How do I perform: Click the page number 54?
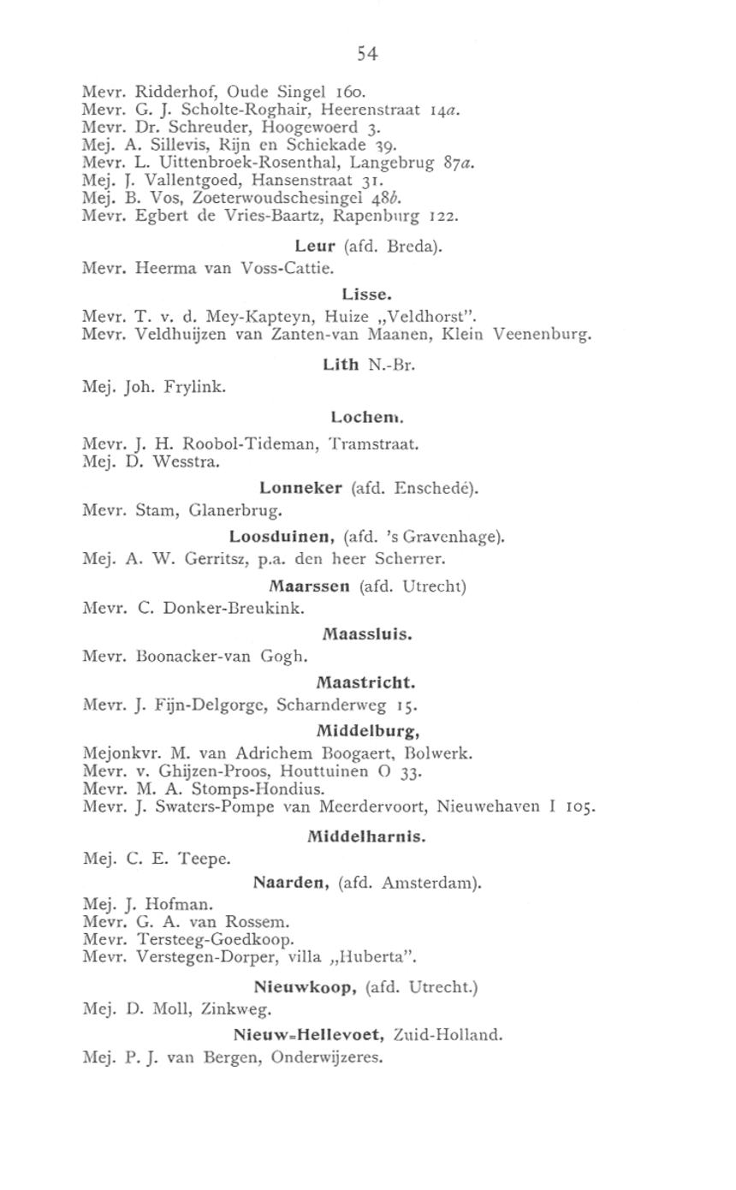[x=368, y=54]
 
